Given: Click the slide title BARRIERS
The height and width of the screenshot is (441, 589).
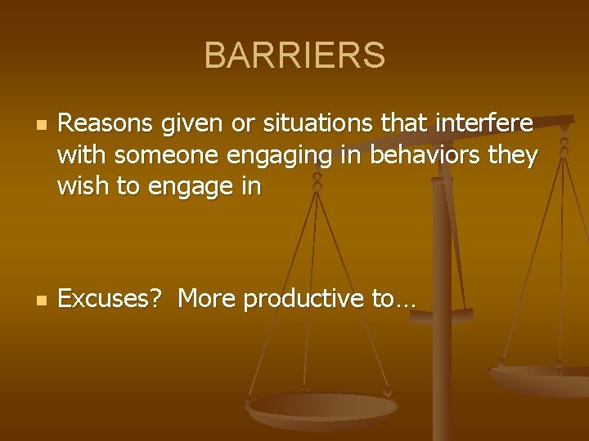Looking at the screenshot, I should coord(294,56).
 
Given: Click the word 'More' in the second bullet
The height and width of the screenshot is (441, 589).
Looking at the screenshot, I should coord(206,300).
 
